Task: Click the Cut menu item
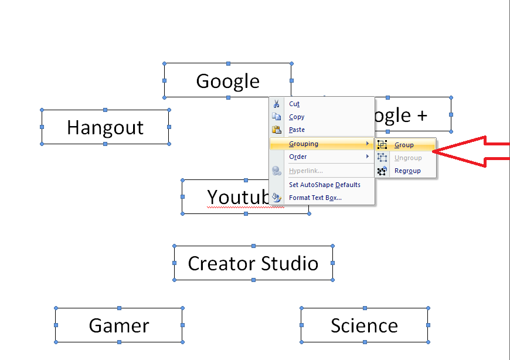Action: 294,104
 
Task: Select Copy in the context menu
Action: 296,117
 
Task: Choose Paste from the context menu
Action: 297,130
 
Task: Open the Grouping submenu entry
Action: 304,144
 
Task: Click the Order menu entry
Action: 298,157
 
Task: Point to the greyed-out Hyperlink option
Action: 306,171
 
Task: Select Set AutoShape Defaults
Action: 325,185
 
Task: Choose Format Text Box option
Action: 315,198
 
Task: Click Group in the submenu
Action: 404,145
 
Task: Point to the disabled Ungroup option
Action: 408,158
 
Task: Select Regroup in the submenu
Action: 407,171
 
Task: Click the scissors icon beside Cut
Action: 277,104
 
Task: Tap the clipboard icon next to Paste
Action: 277,130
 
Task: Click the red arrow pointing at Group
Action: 471,151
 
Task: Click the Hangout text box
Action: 106,127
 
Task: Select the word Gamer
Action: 119,325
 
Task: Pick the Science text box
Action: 365,325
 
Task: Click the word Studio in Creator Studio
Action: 290,263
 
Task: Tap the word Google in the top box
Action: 227,81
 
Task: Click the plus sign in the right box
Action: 422,116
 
